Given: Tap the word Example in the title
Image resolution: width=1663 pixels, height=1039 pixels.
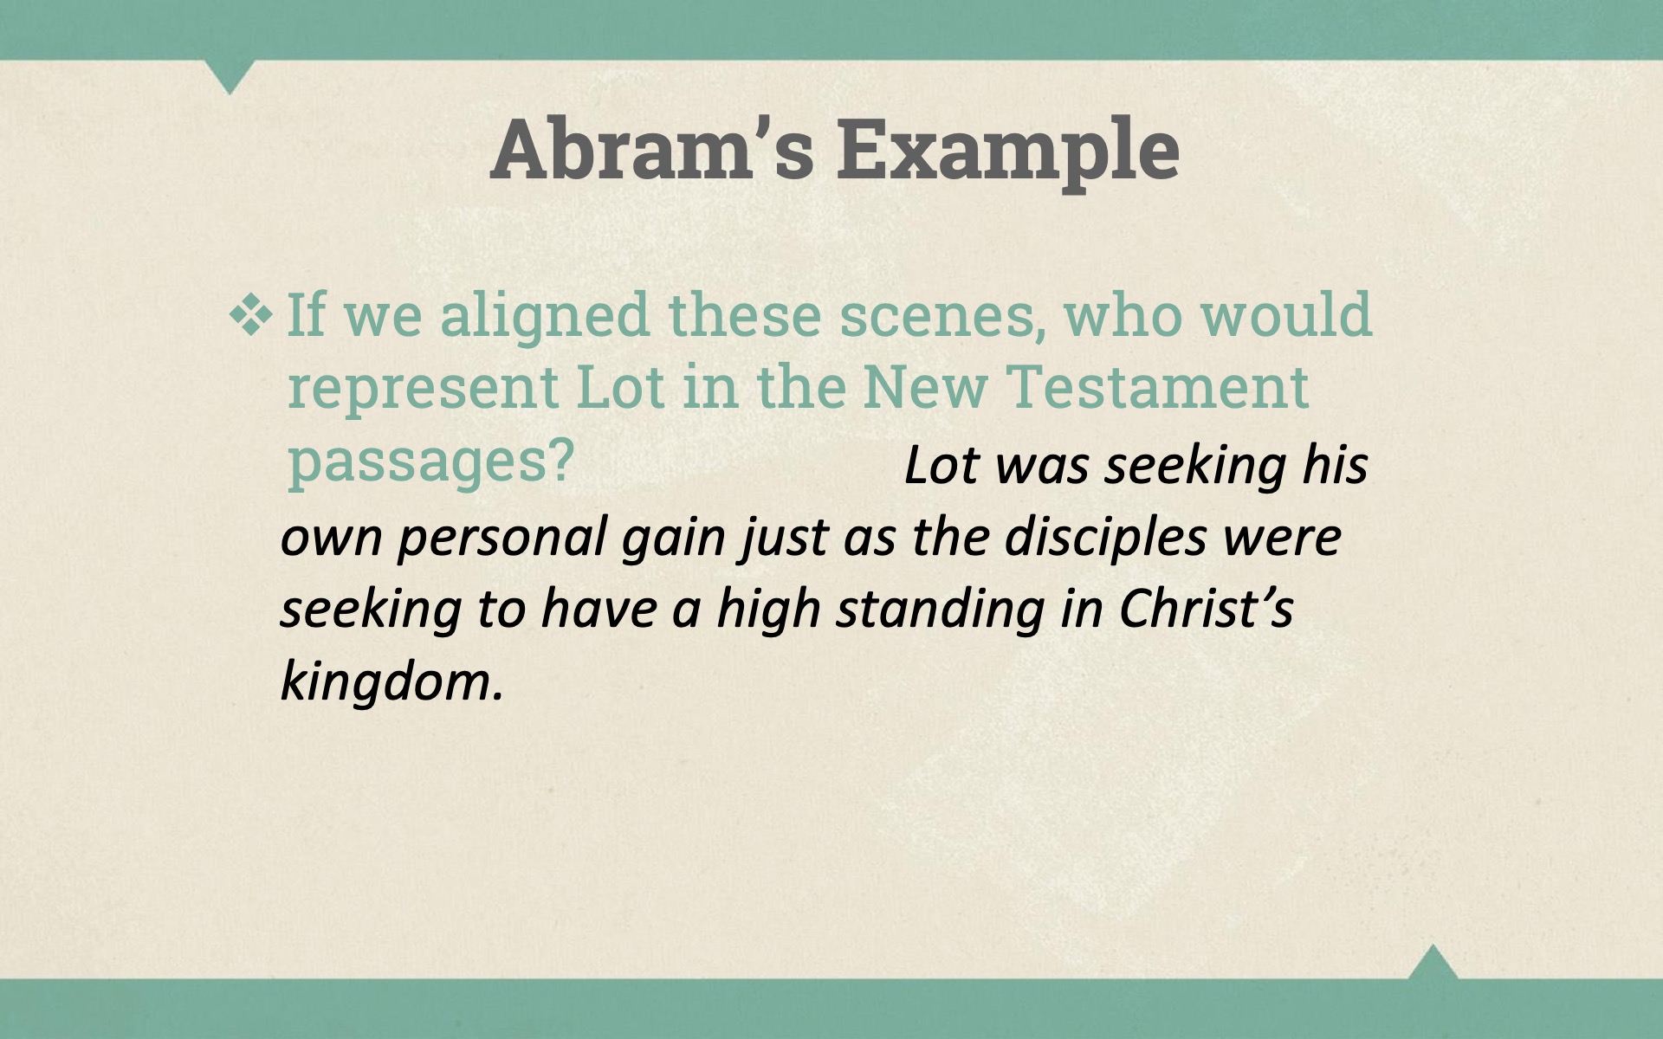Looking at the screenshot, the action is (x=1008, y=151).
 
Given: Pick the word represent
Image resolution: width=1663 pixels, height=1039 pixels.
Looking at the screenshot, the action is (x=423, y=388).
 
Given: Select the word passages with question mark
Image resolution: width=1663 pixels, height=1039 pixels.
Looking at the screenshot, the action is (x=430, y=461).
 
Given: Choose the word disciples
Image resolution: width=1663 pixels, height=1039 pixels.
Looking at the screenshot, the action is (x=1105, y=538).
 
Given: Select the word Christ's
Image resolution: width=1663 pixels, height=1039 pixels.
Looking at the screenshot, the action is (x=1206, y=608).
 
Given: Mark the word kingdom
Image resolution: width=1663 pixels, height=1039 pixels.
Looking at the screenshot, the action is (x=392, y=681).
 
